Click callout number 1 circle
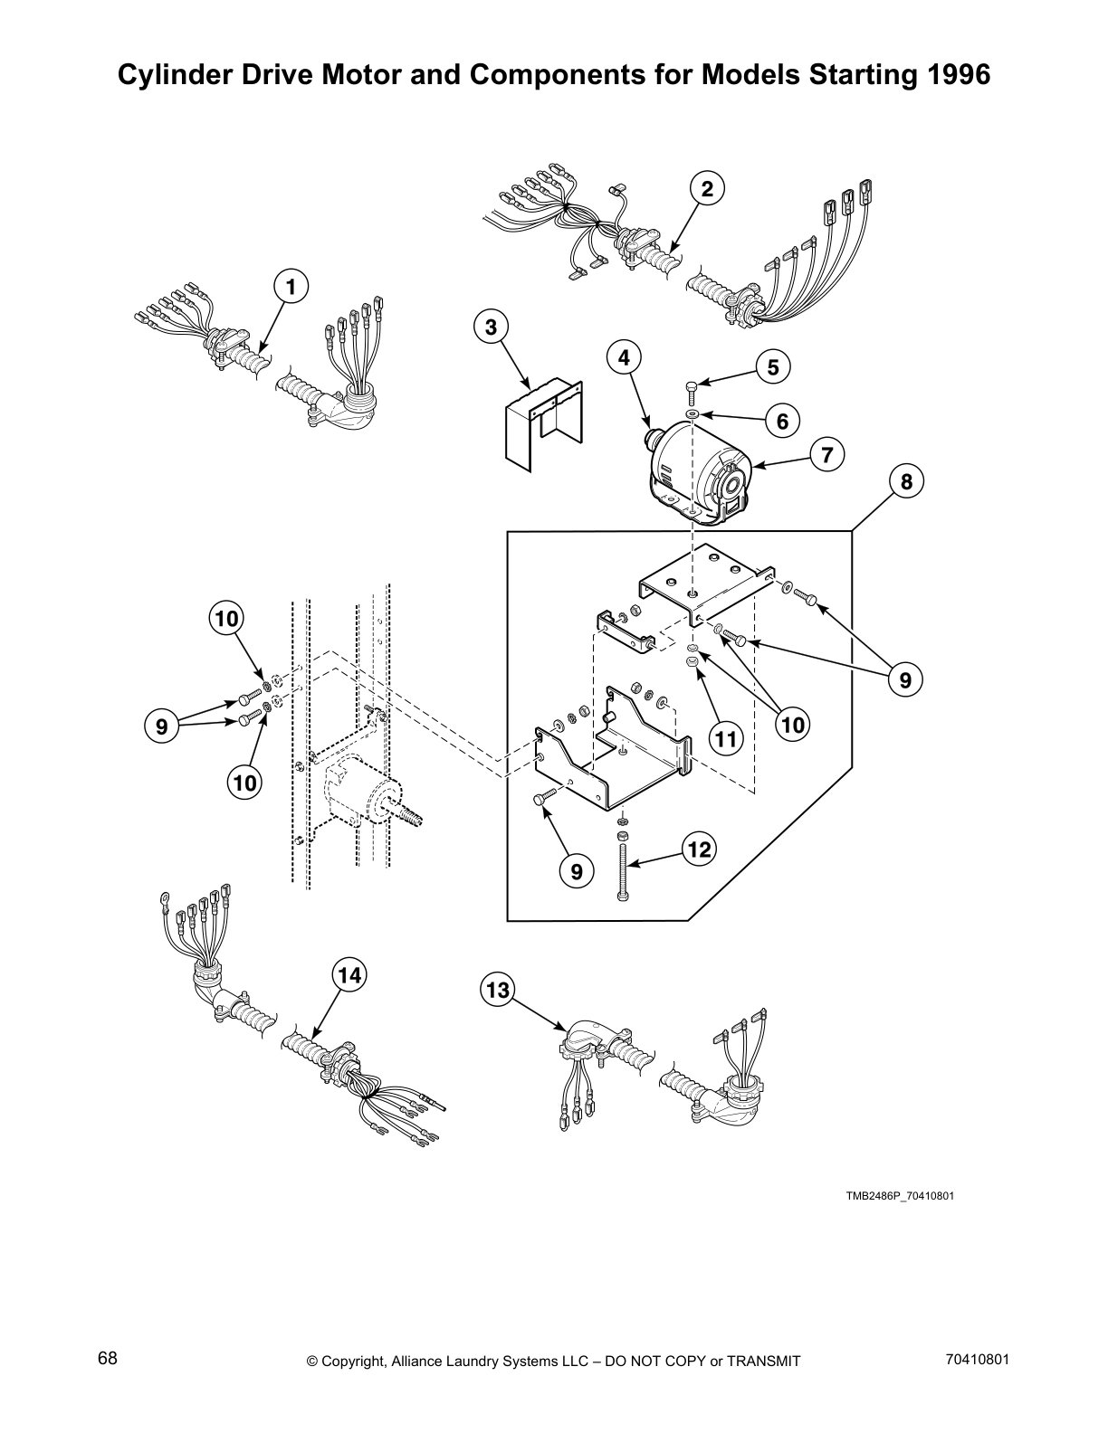click(290, 287)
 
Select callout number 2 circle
click(707, 188)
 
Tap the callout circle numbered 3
click(491, 327)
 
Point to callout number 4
click(624, 357)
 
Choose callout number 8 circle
click(906, 480)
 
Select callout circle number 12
click(700, 849)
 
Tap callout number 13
click(497, 990)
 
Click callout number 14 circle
click(349, 974)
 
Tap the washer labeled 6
click(691, 413)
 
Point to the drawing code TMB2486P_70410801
click(900, 1196)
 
